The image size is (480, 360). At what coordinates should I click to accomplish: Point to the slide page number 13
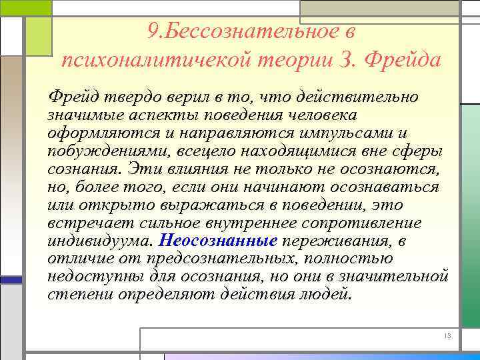(447, 336)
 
